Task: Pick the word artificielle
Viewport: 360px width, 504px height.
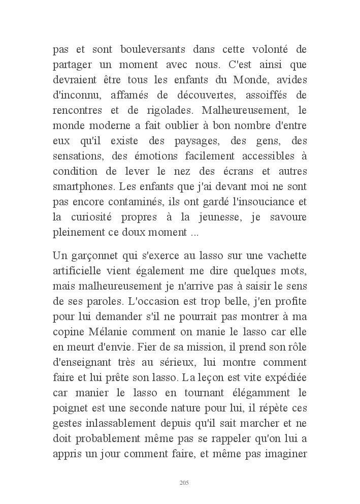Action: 82,269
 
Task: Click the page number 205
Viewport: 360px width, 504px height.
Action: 184,482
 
